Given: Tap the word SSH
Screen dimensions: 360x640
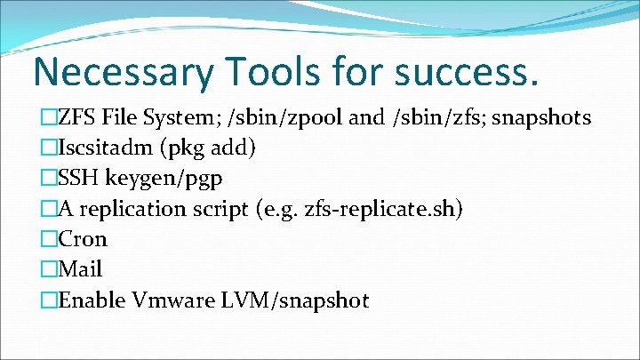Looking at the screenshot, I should (78, 178).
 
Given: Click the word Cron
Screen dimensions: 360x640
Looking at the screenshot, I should (83, 239).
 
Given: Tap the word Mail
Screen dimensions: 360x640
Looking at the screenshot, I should (81, 269).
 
